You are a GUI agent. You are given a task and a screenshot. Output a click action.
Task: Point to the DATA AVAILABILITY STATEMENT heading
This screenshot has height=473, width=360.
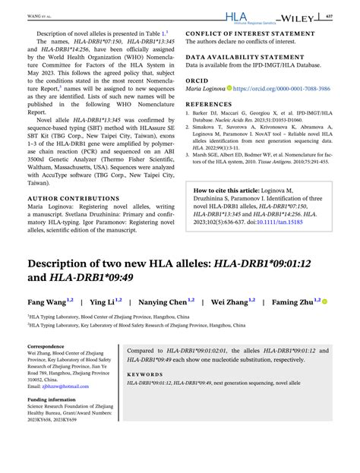(x=248, y=58)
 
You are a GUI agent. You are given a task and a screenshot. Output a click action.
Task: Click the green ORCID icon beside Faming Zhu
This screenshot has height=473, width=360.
(x=324, y=301)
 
